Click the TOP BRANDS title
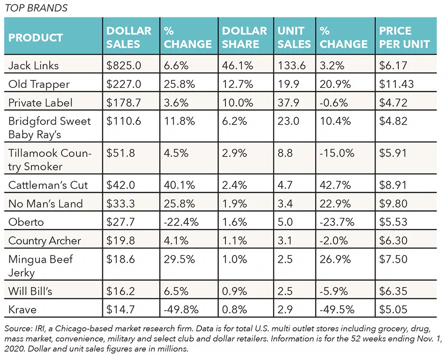coord(36,7)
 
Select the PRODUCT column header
coord(36,38)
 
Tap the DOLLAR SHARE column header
coord(244,37)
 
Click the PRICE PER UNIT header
coord(404,37)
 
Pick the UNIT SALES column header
coord(294,37)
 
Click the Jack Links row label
coord(33,66)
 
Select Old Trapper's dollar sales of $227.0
coord(124,84)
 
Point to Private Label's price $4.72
coord(393,103)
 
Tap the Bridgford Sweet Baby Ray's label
coord(49,128)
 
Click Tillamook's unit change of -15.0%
coord(337,153)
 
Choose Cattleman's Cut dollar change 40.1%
coord(179,185)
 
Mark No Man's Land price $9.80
coord(393,204)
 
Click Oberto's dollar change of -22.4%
coord(181,222)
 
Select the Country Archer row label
coord(45,240)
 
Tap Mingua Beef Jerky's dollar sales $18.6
coord(120,259)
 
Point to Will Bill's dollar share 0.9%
coord(234,291)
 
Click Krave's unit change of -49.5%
coord(337,309)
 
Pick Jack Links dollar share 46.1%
coord(237,66)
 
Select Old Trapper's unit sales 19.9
coord(288,84)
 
